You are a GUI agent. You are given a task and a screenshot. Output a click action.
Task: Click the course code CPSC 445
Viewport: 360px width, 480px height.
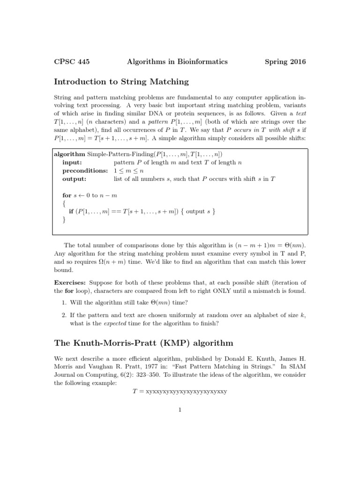[72, 61]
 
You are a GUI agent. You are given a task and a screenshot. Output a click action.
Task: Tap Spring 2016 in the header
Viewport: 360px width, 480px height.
[285, 61]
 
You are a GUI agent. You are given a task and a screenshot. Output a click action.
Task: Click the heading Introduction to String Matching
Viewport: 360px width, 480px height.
[121, 82]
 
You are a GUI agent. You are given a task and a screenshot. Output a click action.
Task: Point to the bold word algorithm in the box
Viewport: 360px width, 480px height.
[70, 154]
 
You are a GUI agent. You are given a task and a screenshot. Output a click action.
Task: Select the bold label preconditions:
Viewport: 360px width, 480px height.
[85, 170]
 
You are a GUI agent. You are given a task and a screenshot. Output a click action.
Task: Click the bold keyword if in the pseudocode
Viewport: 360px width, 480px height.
[71, 211]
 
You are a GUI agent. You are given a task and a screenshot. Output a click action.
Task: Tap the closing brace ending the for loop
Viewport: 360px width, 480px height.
[64, 219]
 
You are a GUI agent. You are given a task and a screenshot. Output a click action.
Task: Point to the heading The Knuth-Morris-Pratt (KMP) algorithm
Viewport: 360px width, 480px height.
[143, 343]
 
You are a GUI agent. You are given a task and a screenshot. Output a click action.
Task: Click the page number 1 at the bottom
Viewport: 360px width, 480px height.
[180, 410]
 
